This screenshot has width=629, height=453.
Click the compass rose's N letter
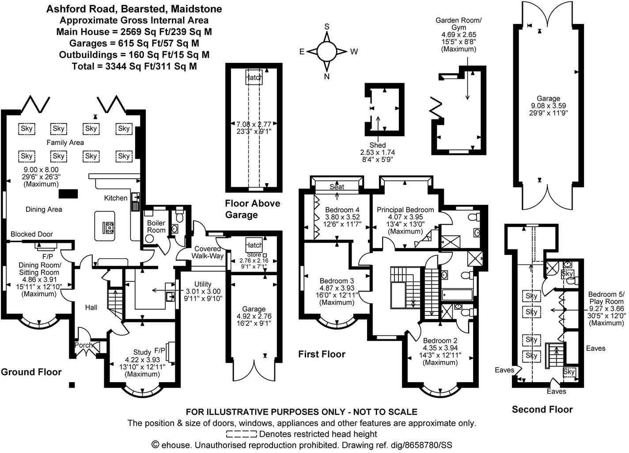pyautogui.click(x=327, y=77)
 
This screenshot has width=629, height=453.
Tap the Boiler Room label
pyautogui.click(x=156, y=226)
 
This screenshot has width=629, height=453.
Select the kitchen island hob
pyautogui.click(x=108, y=227)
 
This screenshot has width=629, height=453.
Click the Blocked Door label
pyautogui.click(x=32, y=234)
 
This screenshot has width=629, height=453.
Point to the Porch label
pyautogui.click(x=83, y=345)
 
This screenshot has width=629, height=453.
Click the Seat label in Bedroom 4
pyautogui.click(x=337, y=187)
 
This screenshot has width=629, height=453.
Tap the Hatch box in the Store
pyautogui.click(x=254, y=245)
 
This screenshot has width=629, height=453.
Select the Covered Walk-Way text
pyautogui.click(x=208, y=252)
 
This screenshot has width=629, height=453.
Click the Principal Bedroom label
pyautogui.click(x=405, y=210)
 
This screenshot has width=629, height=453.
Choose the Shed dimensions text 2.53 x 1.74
pyautogui.click(x=378, y=152)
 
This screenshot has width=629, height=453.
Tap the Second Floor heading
pyautogui.click(x=542, y=409)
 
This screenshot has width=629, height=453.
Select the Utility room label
pyautogui.click(x=203, y=284)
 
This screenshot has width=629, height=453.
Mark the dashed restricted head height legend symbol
pyautogui.click(x=241, y=434)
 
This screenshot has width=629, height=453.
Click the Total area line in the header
pyautogui.click(x=134, y=66)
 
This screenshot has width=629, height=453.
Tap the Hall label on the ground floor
pyautogui.click(x=91, y=307)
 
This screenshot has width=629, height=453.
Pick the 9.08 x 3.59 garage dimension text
pyautogui.click(x=548, y=106)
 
